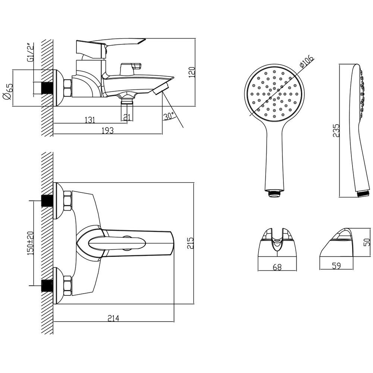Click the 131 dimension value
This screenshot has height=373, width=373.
tap(90, 120)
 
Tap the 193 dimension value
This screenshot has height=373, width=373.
tap(108, 130)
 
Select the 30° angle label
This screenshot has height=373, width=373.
tap(169, 116)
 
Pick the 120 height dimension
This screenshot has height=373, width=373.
tap(192, 72)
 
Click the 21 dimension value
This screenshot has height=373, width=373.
tap(127, 117)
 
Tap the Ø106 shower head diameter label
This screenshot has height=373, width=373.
tap(307, 62)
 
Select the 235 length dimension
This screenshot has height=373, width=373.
tap(336, 130)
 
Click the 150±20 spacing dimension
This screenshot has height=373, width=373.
tap(31, 243)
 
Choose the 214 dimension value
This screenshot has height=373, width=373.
tap(113, 318)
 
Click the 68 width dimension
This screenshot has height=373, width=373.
tap(277, 267)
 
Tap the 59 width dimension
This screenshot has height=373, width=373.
tap(336, 266)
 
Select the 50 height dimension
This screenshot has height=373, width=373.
tap(367, 242)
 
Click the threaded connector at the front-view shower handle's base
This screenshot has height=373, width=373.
tap(274, 193)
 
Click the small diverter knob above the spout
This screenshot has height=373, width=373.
tap(131, 68)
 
